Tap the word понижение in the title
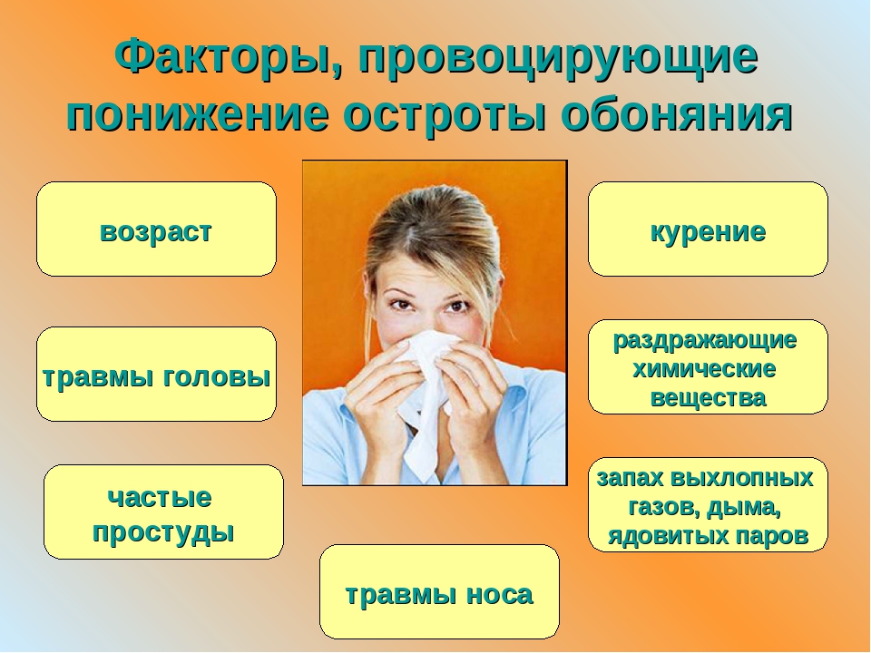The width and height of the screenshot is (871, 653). click(198, 115)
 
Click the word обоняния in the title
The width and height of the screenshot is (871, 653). click(676, 115)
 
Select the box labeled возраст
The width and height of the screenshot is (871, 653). click(156, 229)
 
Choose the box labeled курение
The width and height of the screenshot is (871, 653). click(708, 229)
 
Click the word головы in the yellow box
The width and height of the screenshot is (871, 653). click(217, 377)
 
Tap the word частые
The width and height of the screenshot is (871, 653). click(160, 498)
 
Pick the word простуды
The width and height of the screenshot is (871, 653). click(163, 532)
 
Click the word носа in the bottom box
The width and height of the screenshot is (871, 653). click(499, 595)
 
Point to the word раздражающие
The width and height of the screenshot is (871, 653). click(705, 341)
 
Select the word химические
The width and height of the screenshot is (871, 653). click(704, 369)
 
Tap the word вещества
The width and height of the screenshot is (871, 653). click(708, 398)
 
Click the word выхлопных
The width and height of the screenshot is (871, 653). click(741, 478)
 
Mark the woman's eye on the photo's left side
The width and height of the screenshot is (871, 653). click(401, 305)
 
